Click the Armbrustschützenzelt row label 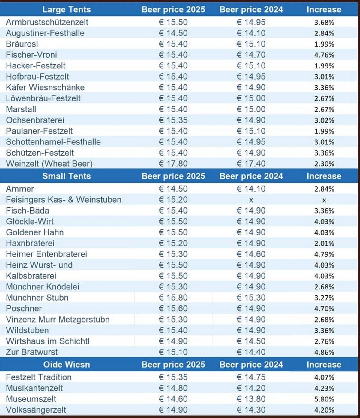point(47,22)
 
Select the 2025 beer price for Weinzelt point(173,164)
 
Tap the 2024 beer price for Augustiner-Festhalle point(251,33)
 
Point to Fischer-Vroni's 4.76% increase point(324,55)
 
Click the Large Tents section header point(66,10)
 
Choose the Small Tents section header point(66,176)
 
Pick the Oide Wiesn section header point(66,365)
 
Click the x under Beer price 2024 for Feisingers point(251,200)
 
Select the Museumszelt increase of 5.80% point(324,399)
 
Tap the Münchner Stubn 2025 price point(173,298)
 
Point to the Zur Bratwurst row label point(32,352)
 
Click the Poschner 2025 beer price point(173,308)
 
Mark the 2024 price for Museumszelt point(251,399)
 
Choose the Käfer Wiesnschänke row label point(45,87)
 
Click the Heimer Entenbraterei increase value point(324,254)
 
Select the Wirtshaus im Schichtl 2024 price point(251,341)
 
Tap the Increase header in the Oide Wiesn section point(324,365)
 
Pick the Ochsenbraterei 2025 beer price point(173,120)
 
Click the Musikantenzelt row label point(34,388)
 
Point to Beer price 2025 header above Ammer point(173,176)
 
